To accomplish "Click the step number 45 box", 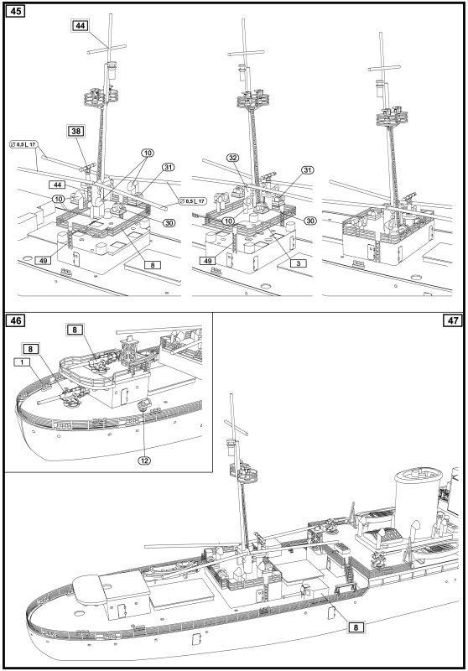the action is point(15,11).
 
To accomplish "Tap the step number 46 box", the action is point(15,320).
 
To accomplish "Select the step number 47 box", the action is point(453,320).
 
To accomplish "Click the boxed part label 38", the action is point(75,131).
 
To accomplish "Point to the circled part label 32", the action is point(233,158).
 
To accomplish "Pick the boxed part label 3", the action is point(299,263).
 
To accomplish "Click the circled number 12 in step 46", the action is point(144,460).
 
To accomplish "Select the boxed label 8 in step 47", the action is point(356,627).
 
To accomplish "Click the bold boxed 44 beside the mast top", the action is point(81,26).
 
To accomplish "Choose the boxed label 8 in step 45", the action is point(153,265).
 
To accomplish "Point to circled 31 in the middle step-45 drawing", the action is point(307,170).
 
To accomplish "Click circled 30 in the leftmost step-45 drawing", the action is point(169,222).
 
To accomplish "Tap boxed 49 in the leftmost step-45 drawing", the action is point(43,260).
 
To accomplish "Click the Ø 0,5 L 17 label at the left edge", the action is point(23,144).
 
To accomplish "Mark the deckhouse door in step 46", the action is point(125,396).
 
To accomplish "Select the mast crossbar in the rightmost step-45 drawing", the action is point(385,68).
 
